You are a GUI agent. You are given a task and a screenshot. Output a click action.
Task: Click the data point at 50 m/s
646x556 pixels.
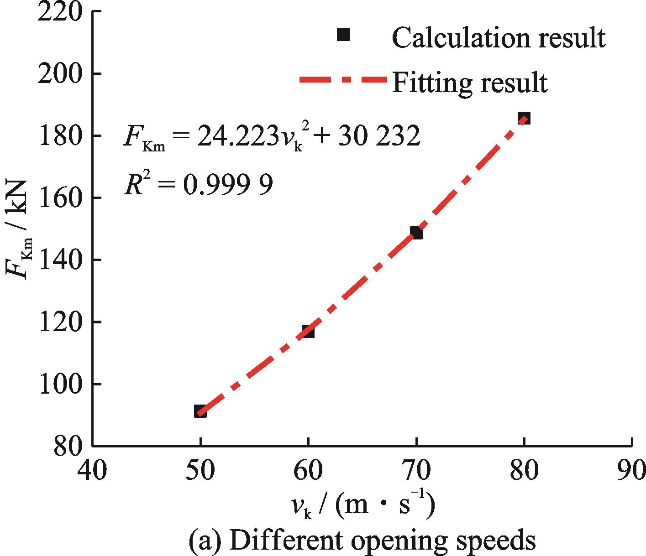200,411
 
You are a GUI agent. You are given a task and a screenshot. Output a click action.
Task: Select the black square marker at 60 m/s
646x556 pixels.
308,332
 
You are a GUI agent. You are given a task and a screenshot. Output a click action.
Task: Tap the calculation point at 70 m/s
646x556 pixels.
416,233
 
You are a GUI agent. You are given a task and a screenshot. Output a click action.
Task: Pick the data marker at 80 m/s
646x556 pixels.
524,118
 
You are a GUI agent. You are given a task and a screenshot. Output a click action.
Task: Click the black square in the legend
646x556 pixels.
343,35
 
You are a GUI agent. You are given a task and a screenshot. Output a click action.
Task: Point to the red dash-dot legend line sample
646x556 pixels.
342,80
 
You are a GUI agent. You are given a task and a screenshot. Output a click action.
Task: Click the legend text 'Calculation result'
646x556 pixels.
499,37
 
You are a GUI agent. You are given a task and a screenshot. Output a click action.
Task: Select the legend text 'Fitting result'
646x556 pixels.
469,83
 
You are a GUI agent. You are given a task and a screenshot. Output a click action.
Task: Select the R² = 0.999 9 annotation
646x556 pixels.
199,184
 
